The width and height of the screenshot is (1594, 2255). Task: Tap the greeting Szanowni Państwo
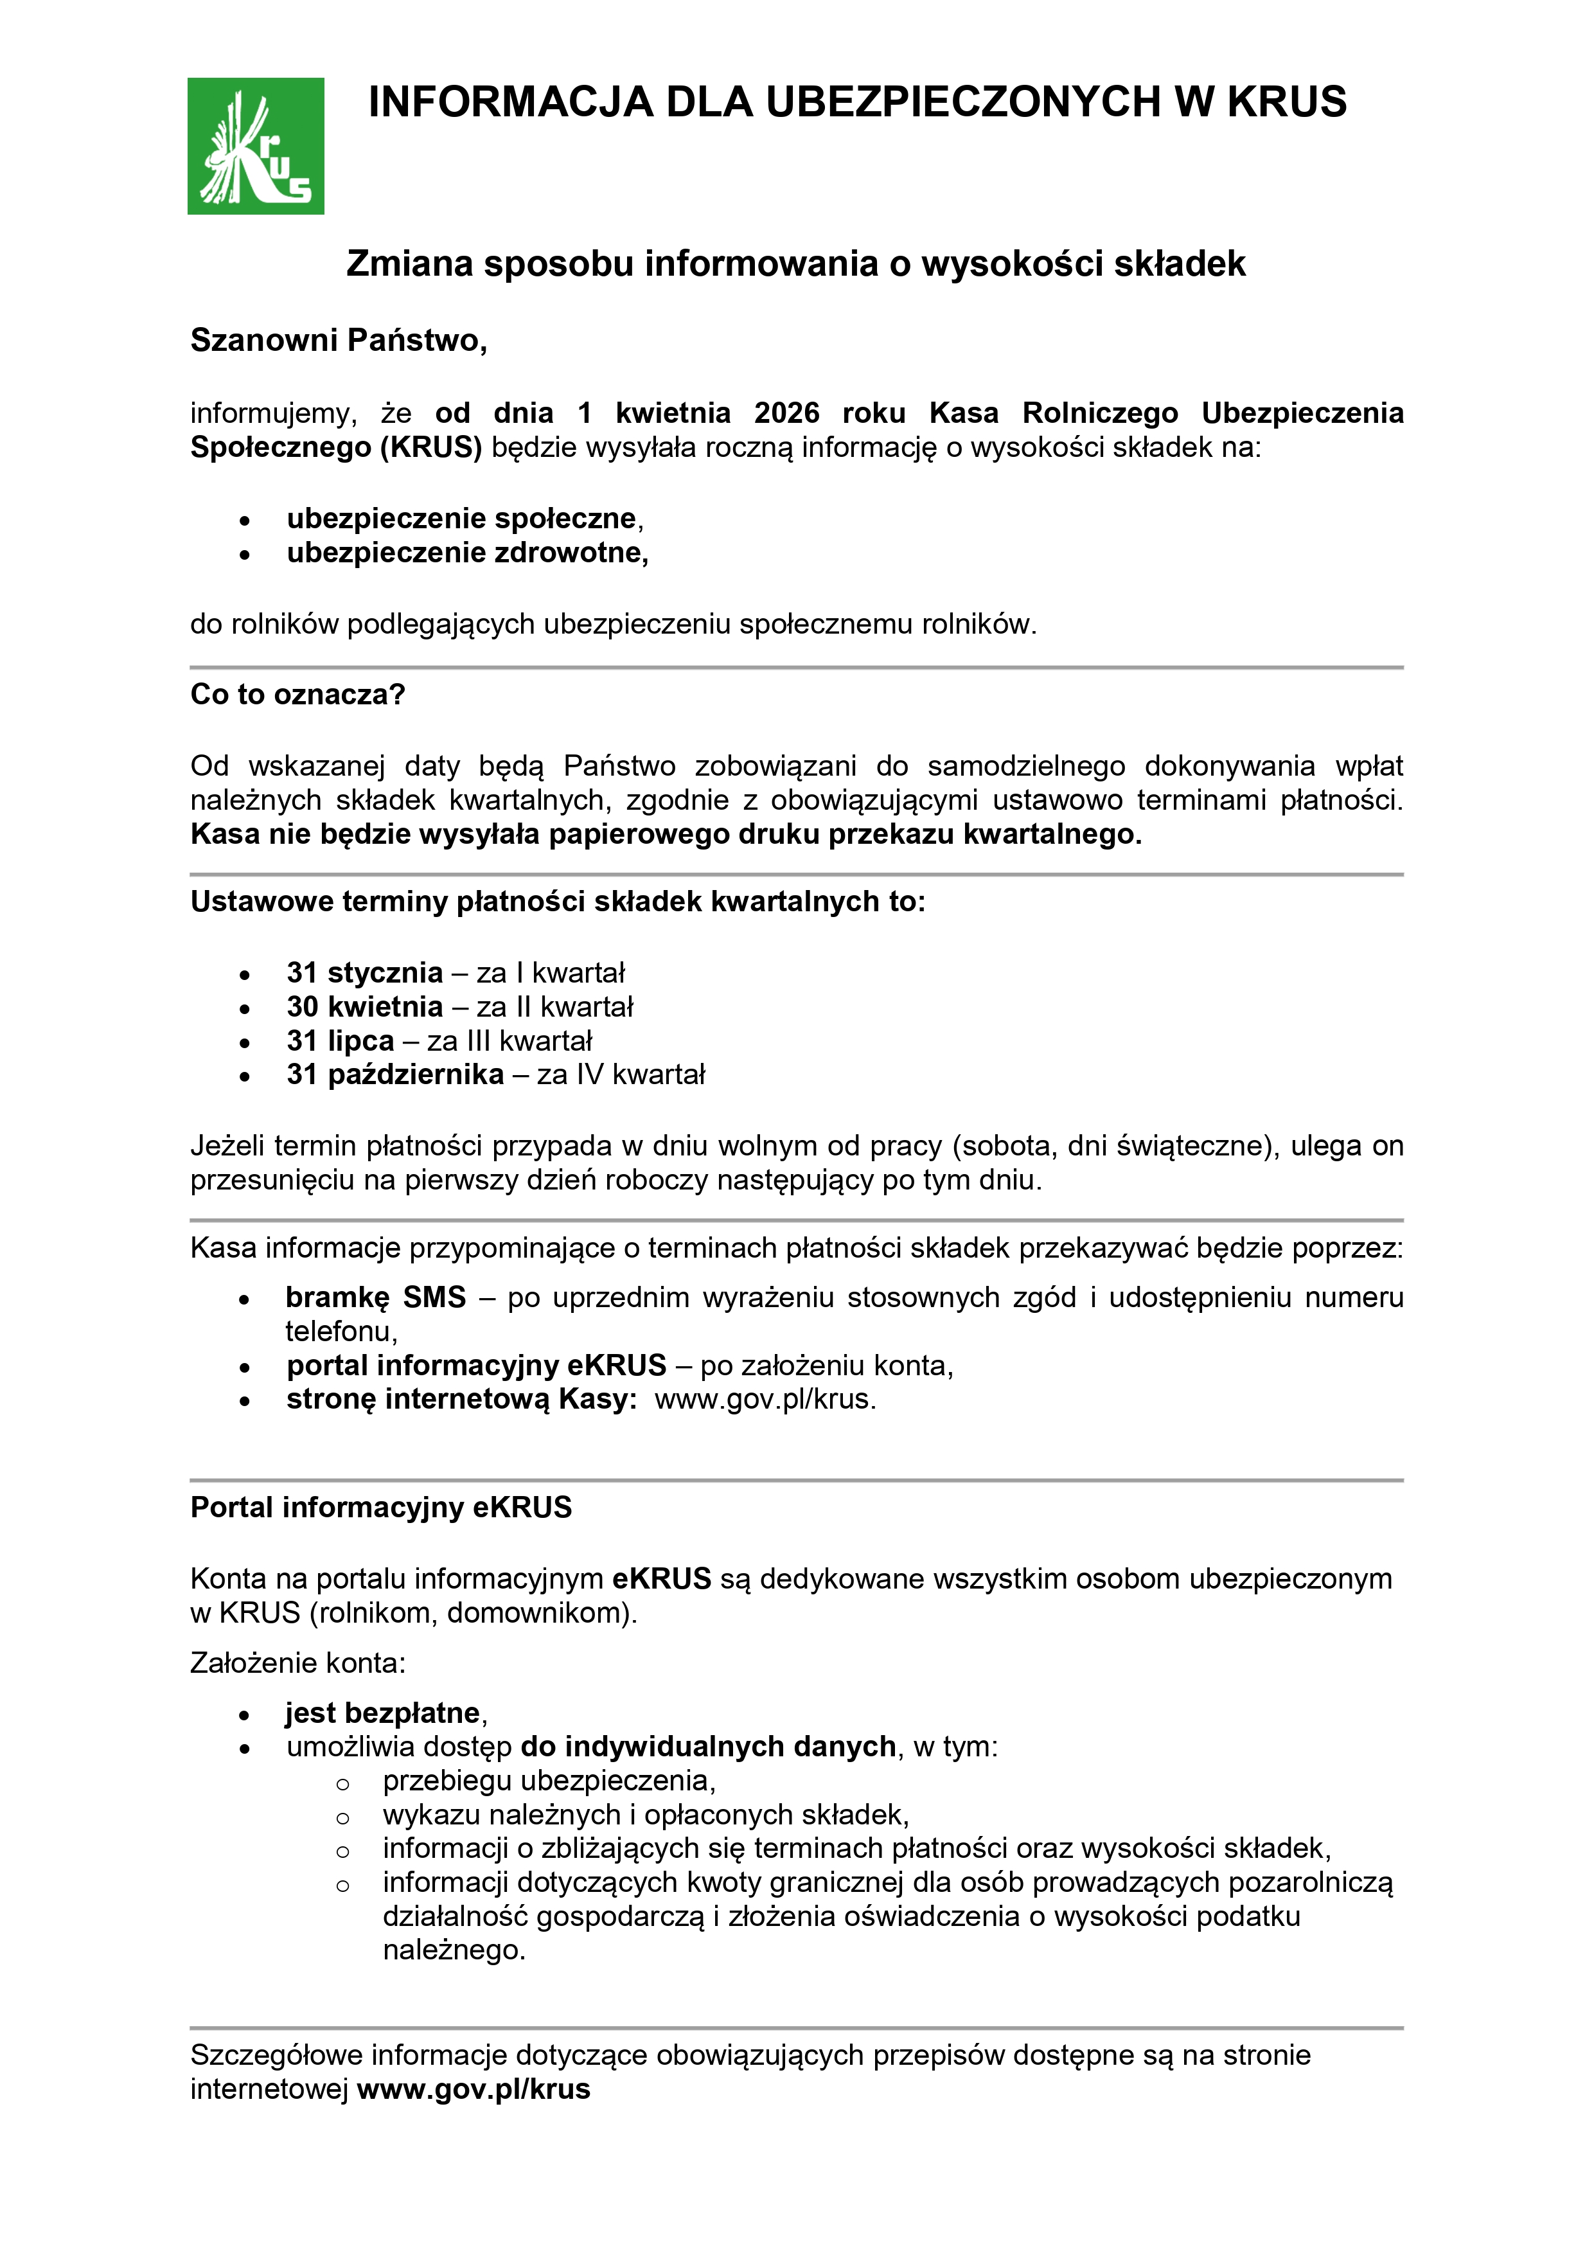click(x=338, y=340)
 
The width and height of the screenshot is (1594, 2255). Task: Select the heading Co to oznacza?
click(x=297, y=695)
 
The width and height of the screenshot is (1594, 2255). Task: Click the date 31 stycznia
click(x=364, y=972)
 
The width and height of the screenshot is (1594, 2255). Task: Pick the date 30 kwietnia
click(x=364, y=1007)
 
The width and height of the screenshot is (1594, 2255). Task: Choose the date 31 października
click(x=395, y=1074)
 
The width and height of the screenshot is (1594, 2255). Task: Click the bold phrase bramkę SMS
click(x=375, y=1297)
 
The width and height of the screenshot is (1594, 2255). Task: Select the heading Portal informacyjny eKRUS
click(x=381, y=1508)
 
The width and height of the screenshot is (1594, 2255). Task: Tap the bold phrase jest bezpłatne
click(x=383, y=1713)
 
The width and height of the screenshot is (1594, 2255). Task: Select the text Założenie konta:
click(x=297, y=1662)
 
